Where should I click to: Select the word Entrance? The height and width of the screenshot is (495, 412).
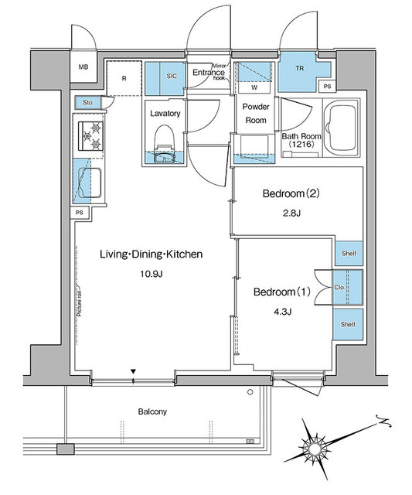[208, 73]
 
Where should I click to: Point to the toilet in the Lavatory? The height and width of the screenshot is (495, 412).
[164, 146]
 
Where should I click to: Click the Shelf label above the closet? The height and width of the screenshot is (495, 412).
[348, 254]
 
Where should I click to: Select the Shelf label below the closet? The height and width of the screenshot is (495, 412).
[348, 323]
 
